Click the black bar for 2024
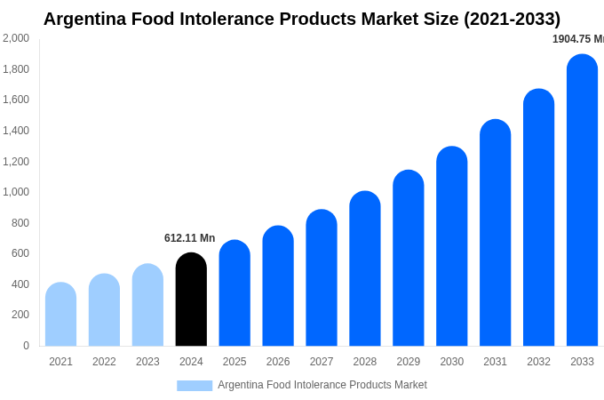click(191, 300)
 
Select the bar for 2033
click(582, 200)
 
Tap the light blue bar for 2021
click(60, 315)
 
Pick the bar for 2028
click(365, 268)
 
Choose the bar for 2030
click(451, 246)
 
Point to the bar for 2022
click(104, 310)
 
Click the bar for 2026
click(278, 286)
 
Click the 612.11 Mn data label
click(189, 238)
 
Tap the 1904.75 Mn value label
click(577, 39)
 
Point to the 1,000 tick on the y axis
click(15, 192)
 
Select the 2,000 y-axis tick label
click(15, 38)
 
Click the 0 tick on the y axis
click(26, 346)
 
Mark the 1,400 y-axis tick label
click(15, 131)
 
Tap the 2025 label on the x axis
click(234, 362)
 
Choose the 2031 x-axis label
click(495, 362)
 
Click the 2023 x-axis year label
click(147, 362)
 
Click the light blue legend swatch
click(195, 386)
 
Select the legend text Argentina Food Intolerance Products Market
click(322, 385)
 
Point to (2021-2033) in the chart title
click(505, 19)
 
